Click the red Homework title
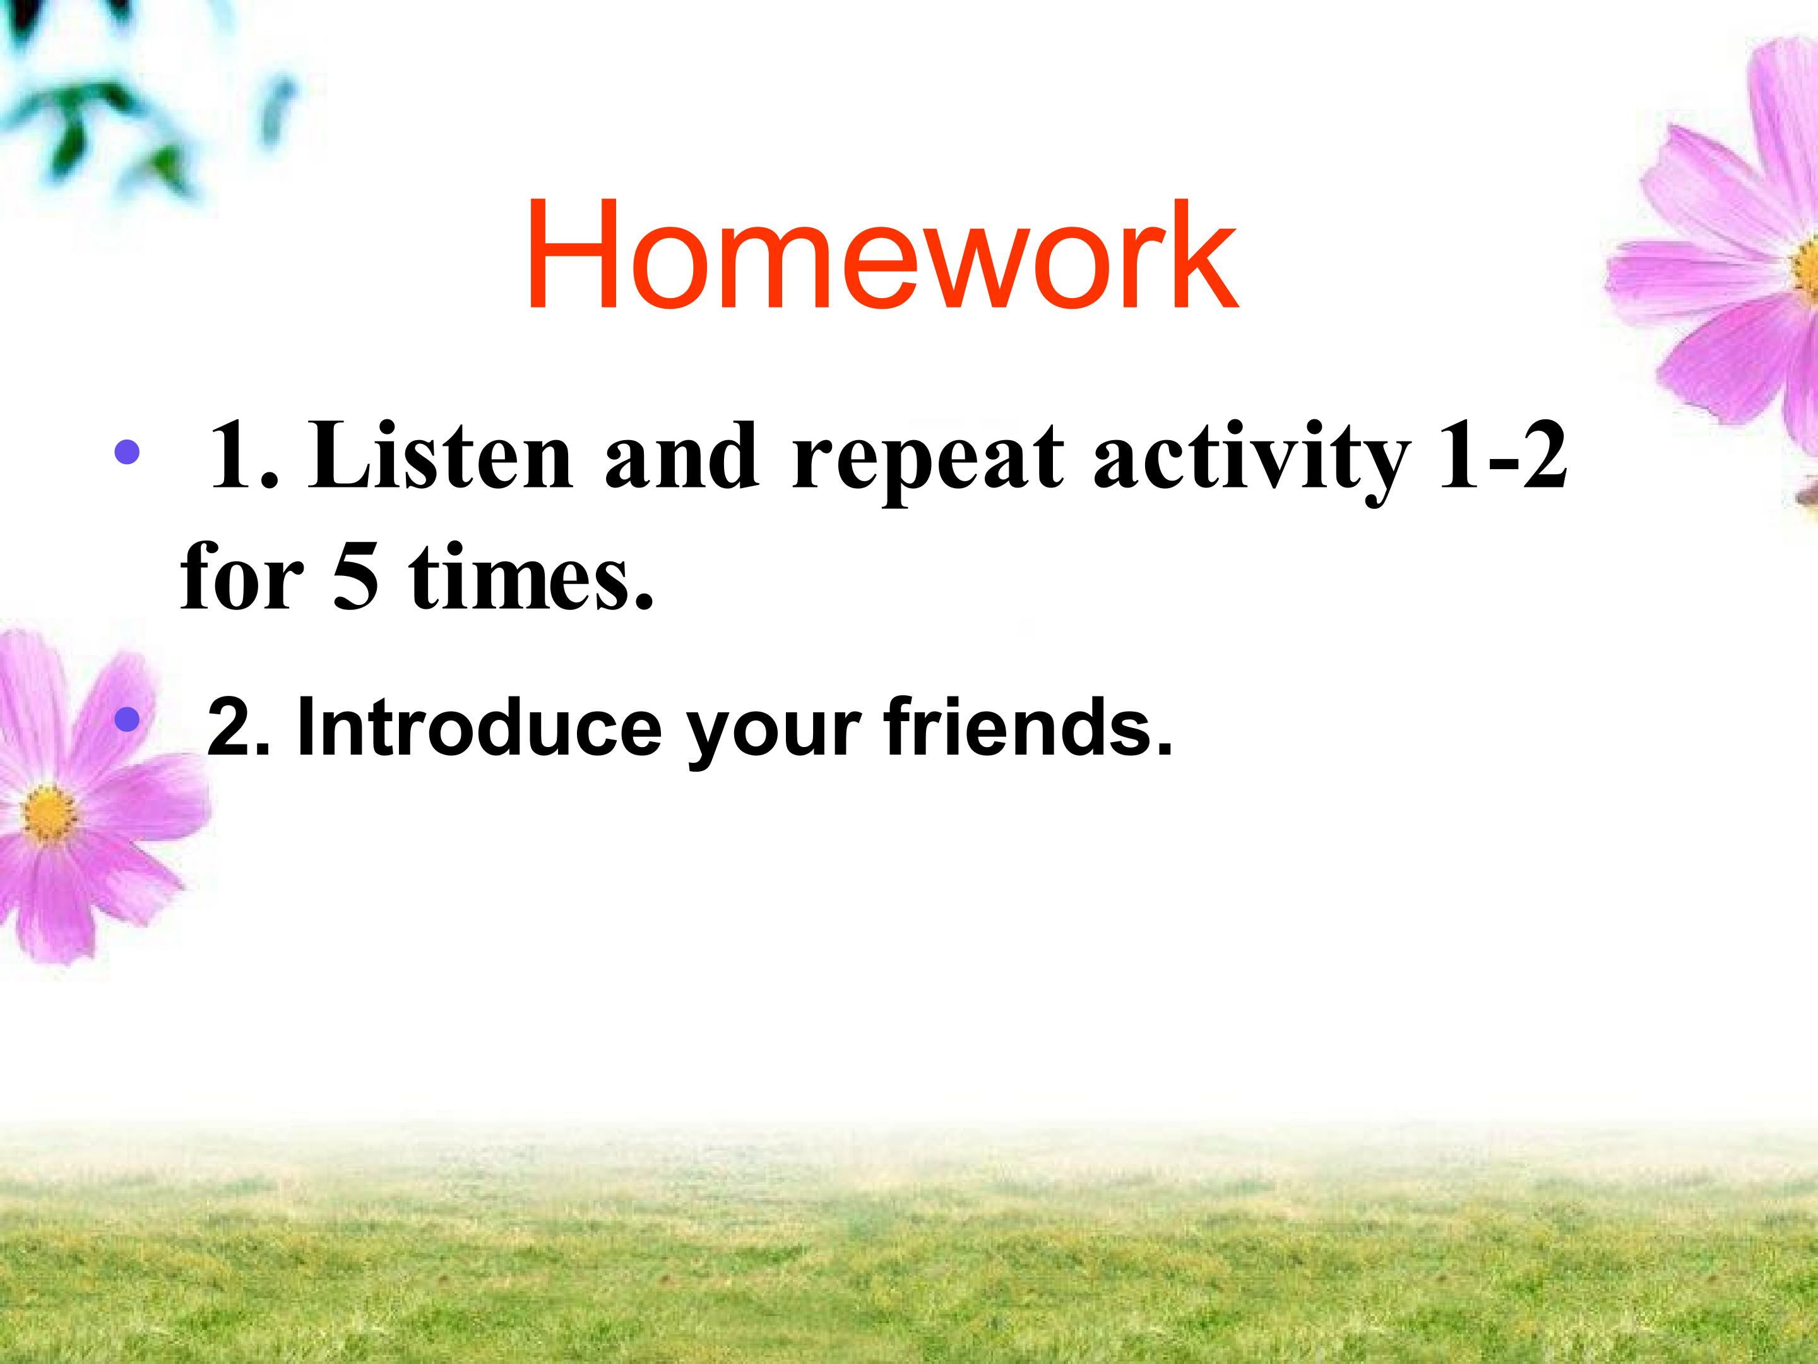tap(882, 255)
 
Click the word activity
tap(1249, 460)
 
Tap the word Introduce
tap(479, 726)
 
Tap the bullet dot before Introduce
tap(128, 721)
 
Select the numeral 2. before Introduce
tap(239, 727)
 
